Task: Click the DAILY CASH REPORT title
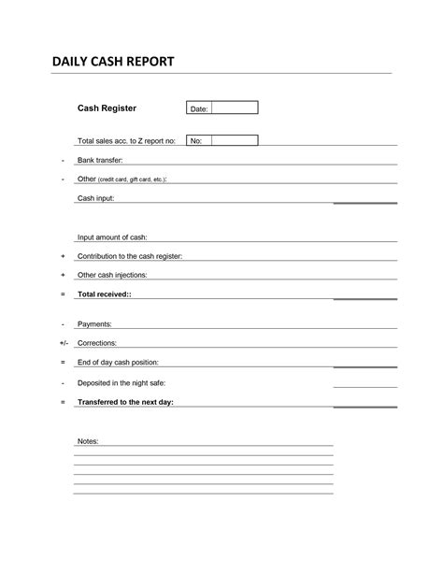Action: coord(112,63)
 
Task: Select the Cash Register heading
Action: coord(107,108)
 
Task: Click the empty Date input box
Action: coord(235,108)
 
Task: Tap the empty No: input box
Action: coord(235,141)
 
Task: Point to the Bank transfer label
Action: coord(100,160)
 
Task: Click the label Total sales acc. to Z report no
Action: coord(126,141)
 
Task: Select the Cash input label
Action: coord(95,198)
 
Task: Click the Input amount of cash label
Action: coord(112,237)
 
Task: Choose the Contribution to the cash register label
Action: coord(130,256)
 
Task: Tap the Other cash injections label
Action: coord(112,275)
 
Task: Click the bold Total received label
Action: coord(105,294)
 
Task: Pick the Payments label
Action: coord(94,323)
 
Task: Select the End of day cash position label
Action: coord(118,362)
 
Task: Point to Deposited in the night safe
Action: coord(121,382)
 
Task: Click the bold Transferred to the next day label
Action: coord(125,402)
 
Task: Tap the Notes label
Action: coord(88,440)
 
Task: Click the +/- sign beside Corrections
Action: coord(63,343)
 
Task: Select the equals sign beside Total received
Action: coord(63,294)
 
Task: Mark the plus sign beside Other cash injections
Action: coord(63,275)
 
